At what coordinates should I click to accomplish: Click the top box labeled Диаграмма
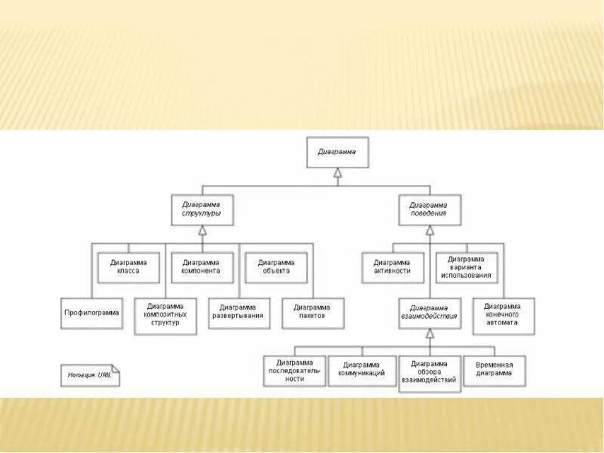pos(337,152)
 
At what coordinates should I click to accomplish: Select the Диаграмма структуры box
pos(202,209)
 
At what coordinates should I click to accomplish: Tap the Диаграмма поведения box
pos(428,209)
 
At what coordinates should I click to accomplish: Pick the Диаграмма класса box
pos(129,266)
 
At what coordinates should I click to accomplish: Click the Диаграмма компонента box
pos(202,266)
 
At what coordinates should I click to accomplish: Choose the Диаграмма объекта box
pos(276,266)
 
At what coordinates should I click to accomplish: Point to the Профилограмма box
pos(91,313)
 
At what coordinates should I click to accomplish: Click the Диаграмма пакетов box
pos(313,313)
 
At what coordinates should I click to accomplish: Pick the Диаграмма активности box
pos(392,266)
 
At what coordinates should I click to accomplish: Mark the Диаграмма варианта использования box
pos(466,266)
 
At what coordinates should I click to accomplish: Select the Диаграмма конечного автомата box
pos(504,315)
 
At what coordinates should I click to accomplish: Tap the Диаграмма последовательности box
pos(295,369)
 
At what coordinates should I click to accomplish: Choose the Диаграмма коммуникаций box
pos(362,369)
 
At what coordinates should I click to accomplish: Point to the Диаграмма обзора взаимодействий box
pos(428,372)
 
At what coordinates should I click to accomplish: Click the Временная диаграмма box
pos(495,369)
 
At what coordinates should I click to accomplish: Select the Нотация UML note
pos(89,375)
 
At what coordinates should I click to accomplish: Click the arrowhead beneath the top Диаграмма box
pos(337,175)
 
